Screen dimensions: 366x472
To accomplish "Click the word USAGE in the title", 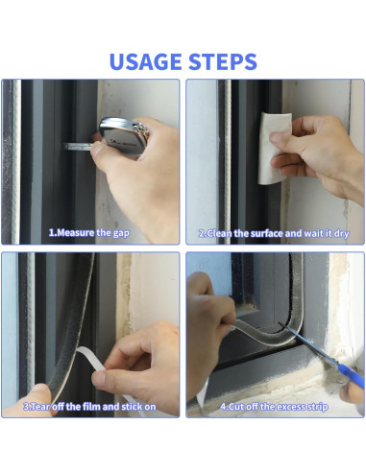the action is pos(146,61).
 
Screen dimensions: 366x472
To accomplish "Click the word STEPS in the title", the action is pos(223,61).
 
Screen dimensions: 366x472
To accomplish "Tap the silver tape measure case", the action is pos(124,136).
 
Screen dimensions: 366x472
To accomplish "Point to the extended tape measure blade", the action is pos(80,147).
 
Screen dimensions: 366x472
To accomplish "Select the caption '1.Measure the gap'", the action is pos(89,232).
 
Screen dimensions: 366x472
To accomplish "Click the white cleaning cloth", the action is pos(274,149).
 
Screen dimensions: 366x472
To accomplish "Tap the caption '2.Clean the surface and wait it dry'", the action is pos(274,233).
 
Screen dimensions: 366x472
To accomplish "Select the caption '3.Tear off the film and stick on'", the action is pos(89,407).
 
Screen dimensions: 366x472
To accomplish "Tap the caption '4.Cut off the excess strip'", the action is pos(274,407).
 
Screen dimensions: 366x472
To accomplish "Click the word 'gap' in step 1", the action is pos(121,233).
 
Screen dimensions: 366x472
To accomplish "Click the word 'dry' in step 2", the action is pos(341,234).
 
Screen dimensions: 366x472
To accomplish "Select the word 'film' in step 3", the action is pos(92,407).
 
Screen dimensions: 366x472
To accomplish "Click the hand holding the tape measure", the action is pos(137,173).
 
